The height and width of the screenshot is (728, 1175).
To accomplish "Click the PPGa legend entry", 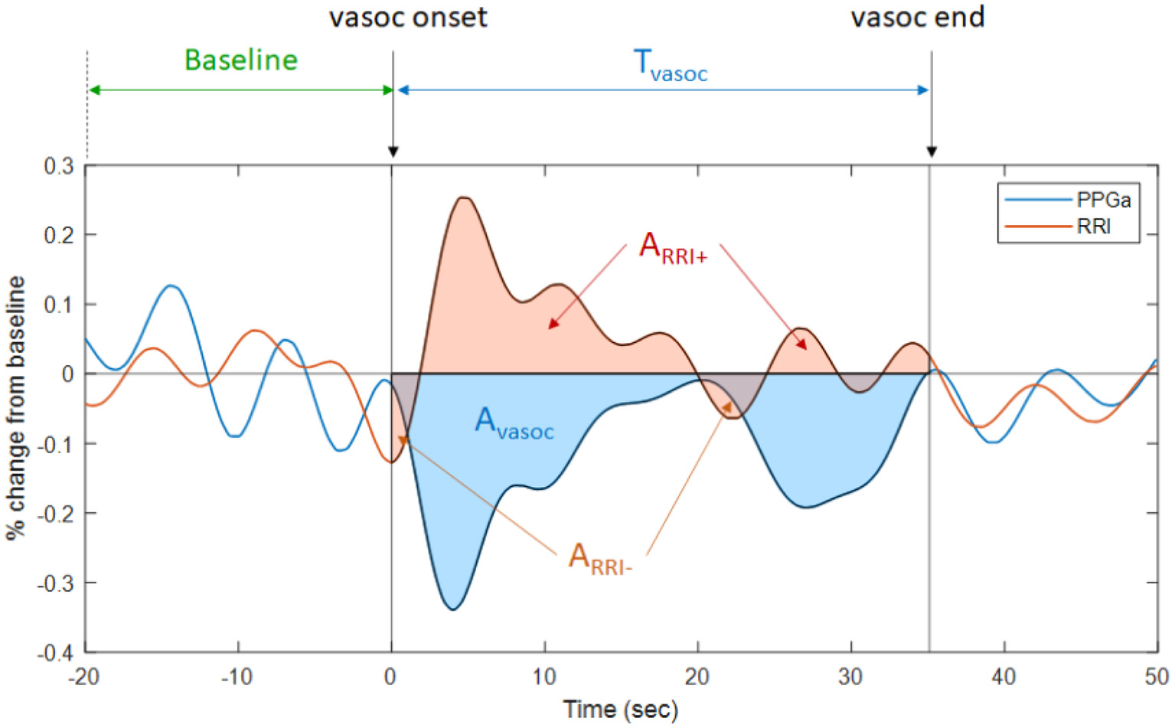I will (x=1102, y=200).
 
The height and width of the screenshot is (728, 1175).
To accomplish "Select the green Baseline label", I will (x=240, y=60).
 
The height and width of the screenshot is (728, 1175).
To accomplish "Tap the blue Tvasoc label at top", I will (x=671, y=64).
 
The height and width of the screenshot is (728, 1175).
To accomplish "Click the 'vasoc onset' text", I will (x=407, y=17).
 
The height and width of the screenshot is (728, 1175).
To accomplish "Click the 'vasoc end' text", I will (x=917, y=17).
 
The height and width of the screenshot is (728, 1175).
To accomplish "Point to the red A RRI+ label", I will (x=672, y=248).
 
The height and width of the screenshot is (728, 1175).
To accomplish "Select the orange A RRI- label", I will (x=599, y=557).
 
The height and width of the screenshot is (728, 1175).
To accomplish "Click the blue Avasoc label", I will (x=514, y=423).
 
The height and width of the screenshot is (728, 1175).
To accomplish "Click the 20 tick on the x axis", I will (x=697, y=677).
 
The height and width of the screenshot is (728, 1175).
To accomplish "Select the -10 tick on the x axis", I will (x=237, y=677).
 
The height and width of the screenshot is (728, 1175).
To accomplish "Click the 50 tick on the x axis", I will (x=1156, y=677).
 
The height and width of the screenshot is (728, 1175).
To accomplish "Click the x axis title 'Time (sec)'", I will (x=620, y=709).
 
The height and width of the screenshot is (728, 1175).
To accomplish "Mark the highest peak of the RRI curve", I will (x=464, y=198).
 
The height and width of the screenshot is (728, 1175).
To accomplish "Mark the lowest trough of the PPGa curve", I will (x=452, y=609).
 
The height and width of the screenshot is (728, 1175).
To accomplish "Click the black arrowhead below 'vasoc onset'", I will (x=393, y=152).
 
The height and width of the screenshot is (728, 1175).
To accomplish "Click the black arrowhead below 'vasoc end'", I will (x=931, y=152).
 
